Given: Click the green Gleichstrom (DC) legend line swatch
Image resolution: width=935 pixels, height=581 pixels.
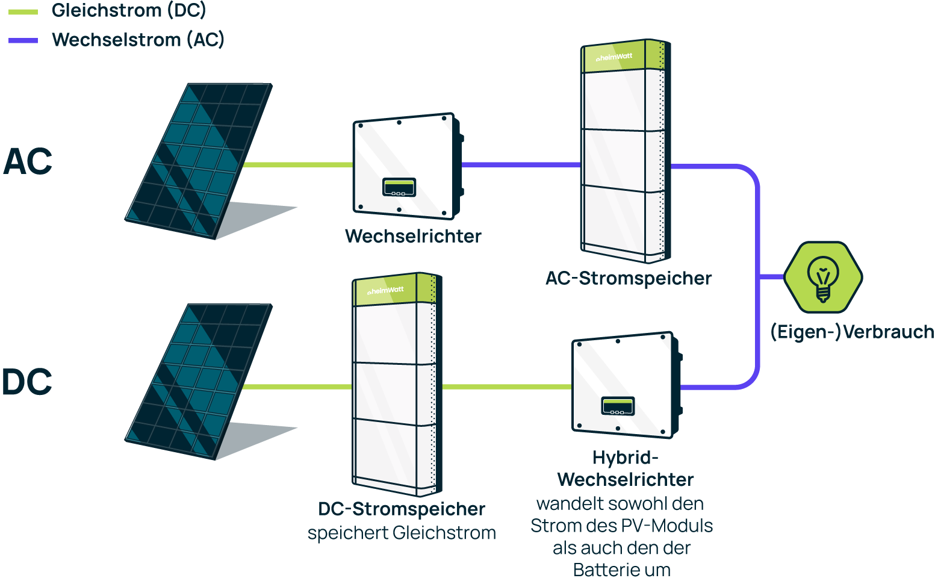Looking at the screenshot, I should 23,11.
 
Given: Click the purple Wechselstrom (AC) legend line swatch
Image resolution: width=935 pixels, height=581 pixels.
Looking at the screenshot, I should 23,40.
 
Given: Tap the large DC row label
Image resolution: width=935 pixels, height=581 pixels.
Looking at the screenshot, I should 27,382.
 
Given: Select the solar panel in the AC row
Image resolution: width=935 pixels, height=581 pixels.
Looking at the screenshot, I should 198,160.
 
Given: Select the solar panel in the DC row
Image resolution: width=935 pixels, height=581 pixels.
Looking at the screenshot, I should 198,381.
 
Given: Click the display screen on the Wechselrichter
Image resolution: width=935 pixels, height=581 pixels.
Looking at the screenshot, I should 399,187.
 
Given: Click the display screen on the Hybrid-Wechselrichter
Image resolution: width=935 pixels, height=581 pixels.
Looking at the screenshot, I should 618,406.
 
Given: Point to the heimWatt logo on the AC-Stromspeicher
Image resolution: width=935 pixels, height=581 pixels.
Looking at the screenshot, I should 614,58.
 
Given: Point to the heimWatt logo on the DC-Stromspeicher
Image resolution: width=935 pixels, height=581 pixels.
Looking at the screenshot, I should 386,291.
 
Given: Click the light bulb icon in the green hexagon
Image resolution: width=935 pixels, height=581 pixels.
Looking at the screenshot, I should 823,278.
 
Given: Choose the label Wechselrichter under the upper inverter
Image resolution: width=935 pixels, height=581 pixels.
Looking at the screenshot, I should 413,236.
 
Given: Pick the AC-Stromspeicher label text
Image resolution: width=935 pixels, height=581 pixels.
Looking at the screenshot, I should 628,278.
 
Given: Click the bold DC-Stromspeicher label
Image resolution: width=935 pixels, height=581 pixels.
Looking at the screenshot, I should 401,509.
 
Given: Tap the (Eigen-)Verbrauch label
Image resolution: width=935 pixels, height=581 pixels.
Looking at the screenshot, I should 852,332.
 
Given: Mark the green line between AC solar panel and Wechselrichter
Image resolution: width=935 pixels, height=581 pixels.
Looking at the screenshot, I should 298,164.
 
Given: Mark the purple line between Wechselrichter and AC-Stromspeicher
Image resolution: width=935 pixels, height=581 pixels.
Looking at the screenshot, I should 521,164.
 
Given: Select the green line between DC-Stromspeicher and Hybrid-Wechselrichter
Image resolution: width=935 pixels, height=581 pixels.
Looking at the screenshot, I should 507,387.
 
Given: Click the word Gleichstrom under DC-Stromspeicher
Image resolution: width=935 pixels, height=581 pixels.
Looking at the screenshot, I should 444,533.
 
